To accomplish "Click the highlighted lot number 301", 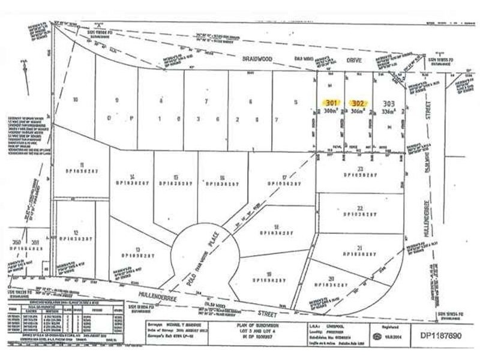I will tap(332, 103).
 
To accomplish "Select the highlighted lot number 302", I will tap(359, 103).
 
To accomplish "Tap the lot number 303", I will tap(388, 103).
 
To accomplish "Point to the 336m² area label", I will tap(389, 112).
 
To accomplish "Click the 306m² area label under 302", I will tap(359, 112).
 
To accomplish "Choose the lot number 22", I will tap(360, 208).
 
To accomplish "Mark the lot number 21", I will tap(360, 247).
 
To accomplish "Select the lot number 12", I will tap(76, 232).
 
